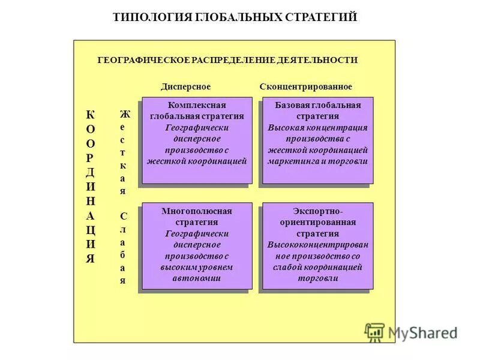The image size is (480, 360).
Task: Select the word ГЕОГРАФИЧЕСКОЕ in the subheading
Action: click(143, 60)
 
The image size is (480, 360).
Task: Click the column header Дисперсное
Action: click(185, 87)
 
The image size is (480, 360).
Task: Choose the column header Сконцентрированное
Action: click(306, 87)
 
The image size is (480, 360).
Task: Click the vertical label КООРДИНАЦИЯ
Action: click(90, 187)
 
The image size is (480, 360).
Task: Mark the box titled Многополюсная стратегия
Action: click(197, 247)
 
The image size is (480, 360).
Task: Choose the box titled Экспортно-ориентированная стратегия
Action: click(318, 247)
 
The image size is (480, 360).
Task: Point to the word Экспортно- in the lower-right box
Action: click(318, 211)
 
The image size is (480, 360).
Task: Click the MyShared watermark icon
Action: click(375, 332)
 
